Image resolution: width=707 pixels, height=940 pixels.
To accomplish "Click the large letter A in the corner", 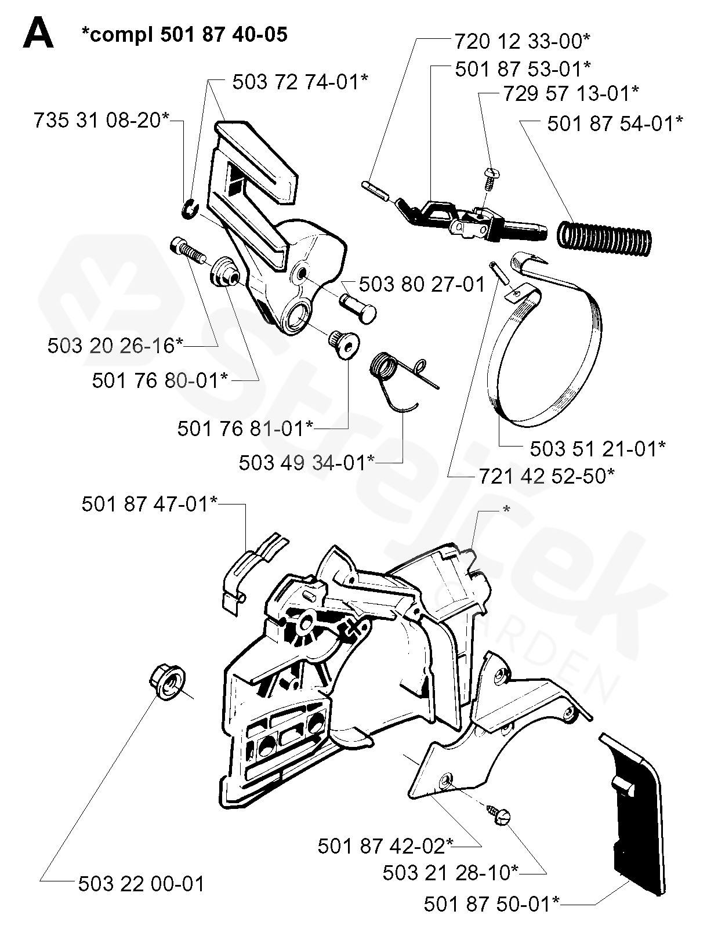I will tap(38, 34).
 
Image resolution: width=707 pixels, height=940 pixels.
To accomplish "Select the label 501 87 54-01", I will tap(615, 124).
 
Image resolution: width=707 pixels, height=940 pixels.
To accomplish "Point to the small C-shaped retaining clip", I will tap(189, 209).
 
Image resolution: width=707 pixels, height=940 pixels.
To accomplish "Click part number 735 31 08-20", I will tap(101, 121).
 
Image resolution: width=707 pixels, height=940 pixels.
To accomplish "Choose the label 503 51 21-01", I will tap(597, 448).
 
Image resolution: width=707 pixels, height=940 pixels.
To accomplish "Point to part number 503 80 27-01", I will tap(422, 284).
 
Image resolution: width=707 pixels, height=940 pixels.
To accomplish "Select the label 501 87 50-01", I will tap(492, 903).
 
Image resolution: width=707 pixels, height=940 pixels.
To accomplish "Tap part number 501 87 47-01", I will tap(150, 504).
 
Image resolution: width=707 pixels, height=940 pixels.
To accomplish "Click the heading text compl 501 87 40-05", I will tap(184, 34).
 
